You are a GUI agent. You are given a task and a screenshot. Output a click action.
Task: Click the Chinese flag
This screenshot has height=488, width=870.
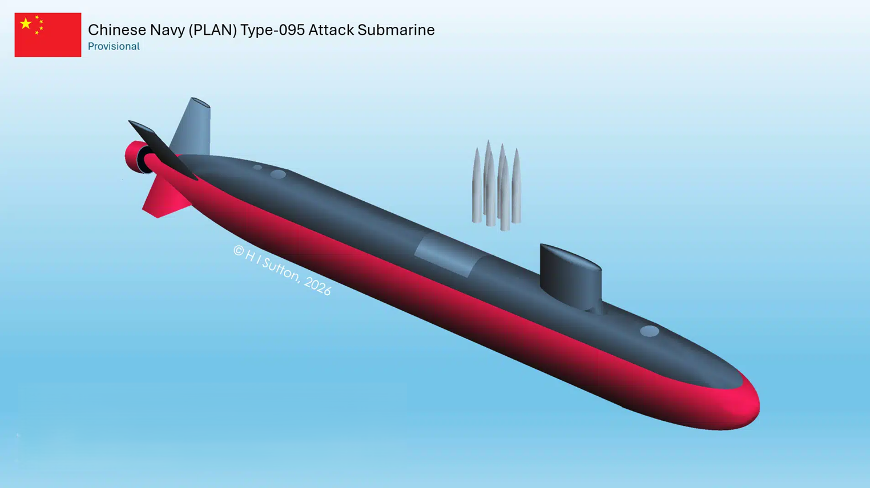(48, 35)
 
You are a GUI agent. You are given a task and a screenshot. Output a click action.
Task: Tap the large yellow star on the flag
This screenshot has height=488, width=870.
(26, 24)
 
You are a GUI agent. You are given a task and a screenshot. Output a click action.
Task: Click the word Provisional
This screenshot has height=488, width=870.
(114, 46)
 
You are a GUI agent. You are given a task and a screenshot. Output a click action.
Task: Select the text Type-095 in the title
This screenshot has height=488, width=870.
(272, 30)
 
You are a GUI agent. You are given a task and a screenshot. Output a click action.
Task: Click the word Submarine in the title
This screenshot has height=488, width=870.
(396, 30)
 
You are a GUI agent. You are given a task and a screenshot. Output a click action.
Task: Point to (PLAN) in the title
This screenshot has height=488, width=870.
(212, 30)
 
